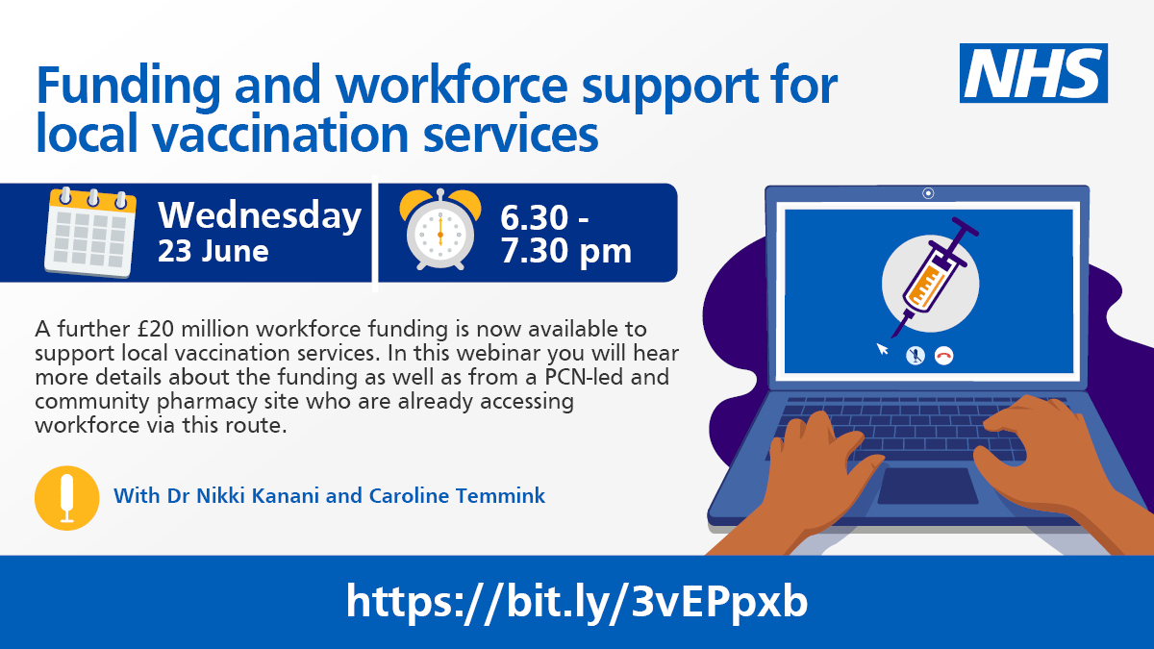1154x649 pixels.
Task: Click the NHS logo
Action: point(1034,73)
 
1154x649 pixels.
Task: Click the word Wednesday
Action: point(260,215)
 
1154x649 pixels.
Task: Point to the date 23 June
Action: point(213,252)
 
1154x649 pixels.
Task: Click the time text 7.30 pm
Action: point(564,252)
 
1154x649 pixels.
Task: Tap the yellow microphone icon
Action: point(66,497)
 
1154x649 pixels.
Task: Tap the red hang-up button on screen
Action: point(943,356)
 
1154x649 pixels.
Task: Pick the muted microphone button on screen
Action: point(916,356)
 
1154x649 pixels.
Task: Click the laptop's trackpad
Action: point(927,486)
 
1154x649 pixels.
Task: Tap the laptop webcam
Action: point(928,193)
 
